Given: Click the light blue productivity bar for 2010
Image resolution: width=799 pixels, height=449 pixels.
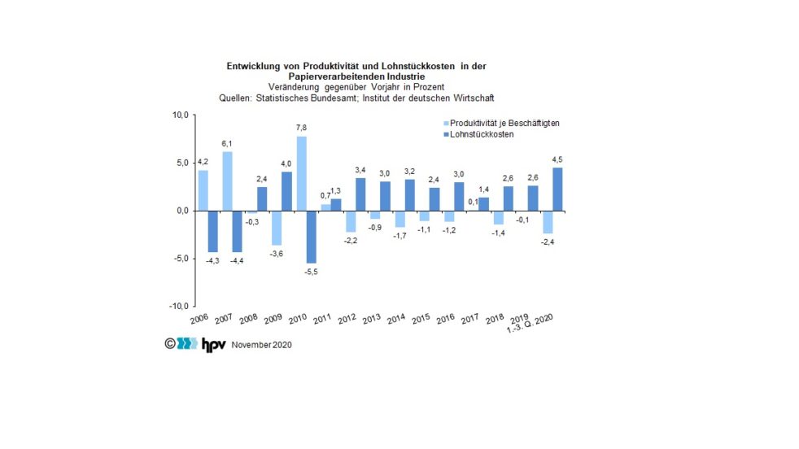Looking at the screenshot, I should coord(301,173).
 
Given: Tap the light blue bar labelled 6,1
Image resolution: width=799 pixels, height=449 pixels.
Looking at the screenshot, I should coord(227,181).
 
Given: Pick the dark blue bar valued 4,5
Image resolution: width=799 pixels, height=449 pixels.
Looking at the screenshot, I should coord(557,189).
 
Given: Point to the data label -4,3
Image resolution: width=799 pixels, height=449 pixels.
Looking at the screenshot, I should coord(213,260).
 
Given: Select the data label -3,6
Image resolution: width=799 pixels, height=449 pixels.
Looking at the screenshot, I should coord(276,254).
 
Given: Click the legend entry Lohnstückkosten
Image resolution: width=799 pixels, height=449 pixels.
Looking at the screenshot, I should coord(481,134).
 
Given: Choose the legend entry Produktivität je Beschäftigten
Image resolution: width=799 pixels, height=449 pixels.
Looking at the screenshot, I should coord(499,123).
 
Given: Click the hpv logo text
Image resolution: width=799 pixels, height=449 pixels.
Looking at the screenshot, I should coord(214,343).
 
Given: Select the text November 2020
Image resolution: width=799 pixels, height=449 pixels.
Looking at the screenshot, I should coord(261,345).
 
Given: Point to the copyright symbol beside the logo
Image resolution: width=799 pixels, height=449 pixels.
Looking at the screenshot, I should coord(170,343).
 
